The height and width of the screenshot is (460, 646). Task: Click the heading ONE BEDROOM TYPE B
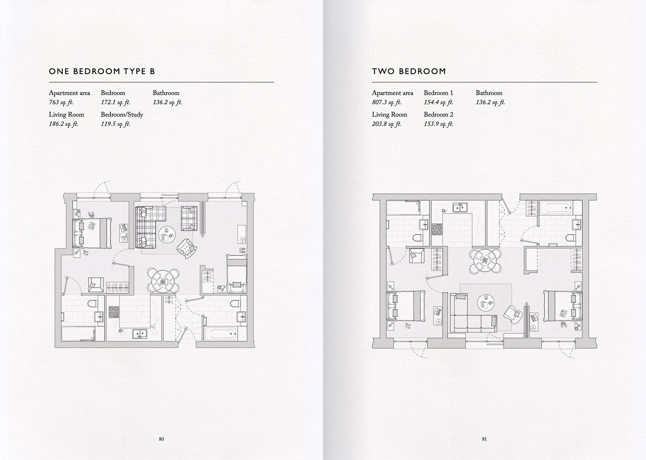[x=102, y=71]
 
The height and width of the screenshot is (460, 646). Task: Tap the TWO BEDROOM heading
[x=409, y=71]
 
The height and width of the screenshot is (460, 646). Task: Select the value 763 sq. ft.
[x=61, y=102]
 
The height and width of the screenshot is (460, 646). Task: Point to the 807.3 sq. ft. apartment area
[x=386, y=102]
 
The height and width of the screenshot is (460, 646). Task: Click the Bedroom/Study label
[x=122, y=115]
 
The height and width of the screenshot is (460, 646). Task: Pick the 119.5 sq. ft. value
[x=115, y=124]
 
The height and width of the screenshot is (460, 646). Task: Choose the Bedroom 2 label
[x=438, y=115]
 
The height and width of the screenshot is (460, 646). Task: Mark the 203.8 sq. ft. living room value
[x=386, y=124]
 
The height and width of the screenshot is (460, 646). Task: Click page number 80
[x=161, y=439]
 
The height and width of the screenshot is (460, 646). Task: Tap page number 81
[x=484, y=439]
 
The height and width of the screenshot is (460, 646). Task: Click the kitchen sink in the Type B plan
[x=139, y=333]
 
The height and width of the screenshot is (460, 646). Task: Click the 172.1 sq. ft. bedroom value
[x=115, y=102]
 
